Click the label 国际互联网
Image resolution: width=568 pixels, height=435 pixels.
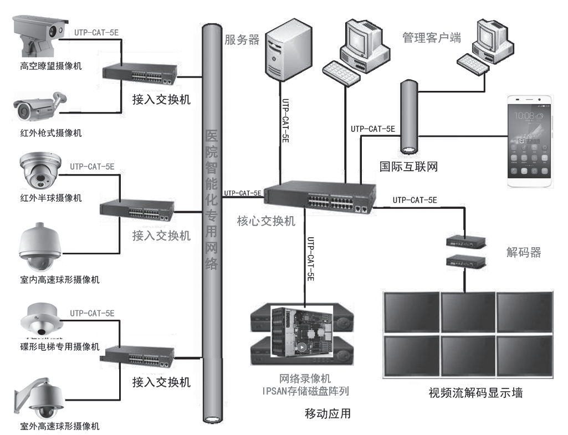[408, 166]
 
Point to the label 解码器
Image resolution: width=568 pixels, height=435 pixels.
[523, 253]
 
